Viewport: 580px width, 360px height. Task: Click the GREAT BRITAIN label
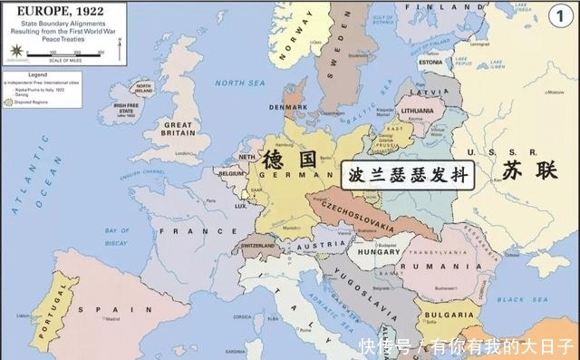coord(178,129)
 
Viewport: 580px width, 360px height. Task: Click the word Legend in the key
coord(37,73)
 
